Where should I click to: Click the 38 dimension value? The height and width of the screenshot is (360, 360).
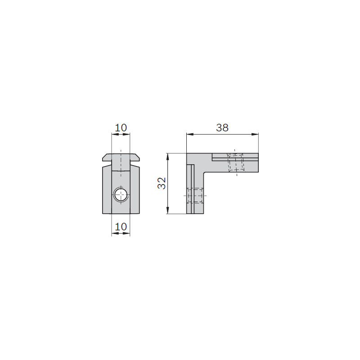point(222,128)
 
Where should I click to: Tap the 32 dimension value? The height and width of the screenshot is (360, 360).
point(162,183)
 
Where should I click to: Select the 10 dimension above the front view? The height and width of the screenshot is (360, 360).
point(121,128)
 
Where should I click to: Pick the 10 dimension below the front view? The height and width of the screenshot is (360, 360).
point(121,227)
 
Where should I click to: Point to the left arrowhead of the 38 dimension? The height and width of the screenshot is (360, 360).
point(189,134)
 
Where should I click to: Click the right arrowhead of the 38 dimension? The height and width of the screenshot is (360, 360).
point(255,134)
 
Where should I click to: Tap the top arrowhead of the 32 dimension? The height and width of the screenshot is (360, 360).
point(168,157)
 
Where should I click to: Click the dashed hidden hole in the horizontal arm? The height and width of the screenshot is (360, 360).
point(236,162)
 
